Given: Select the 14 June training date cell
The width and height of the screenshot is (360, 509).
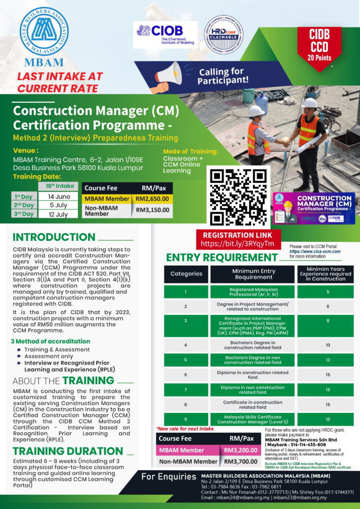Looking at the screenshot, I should click(x=59, y=196).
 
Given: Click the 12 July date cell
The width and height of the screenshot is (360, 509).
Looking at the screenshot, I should click(x=59, y=214).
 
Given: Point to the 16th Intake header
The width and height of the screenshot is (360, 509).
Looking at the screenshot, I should click(x=59, y=186).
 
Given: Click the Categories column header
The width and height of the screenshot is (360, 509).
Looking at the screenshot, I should click(x=186, y=273).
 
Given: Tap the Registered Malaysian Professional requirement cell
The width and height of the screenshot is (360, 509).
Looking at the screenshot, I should click(x=253, y=292).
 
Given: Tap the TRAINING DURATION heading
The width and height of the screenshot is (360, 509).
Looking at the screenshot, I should click(x=68, y=451).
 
